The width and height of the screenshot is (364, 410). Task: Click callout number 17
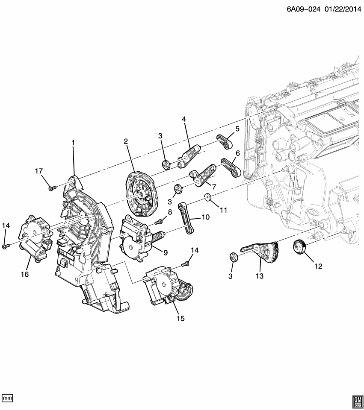(x=39, y=171)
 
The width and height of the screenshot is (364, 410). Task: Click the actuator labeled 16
(x=34, y=239)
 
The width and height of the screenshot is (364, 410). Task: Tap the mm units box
(x=8, y=398)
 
